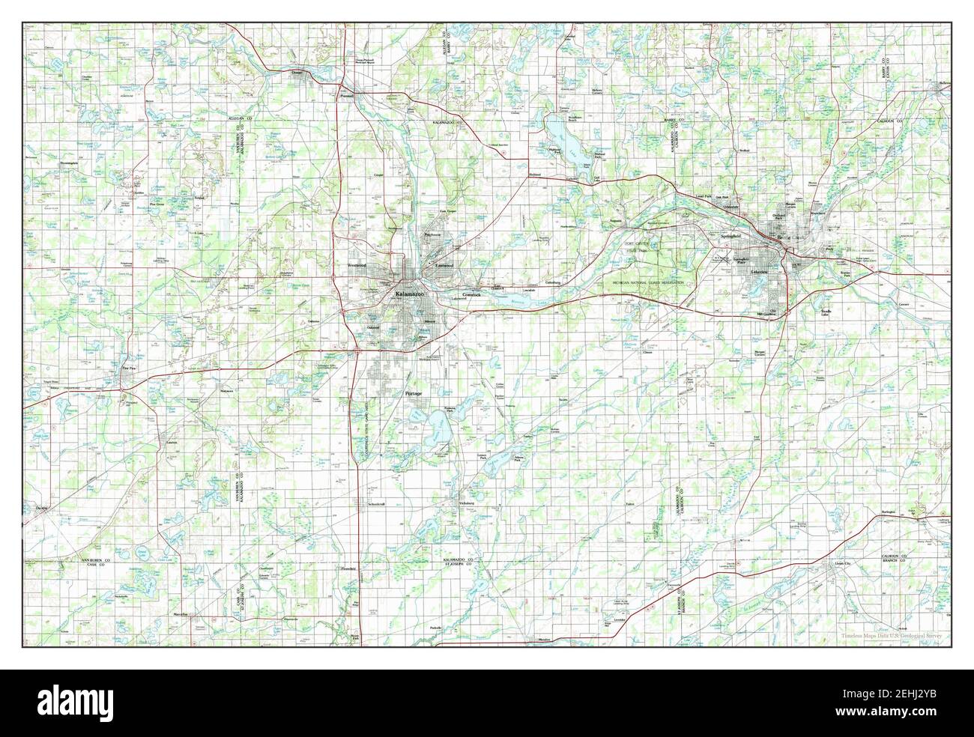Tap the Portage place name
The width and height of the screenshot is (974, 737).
[x=414, y=393]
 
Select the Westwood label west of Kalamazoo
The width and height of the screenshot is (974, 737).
[x=357, y=265]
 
